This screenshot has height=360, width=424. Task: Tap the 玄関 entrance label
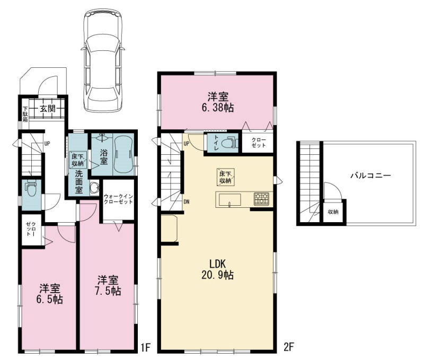pos(48,109)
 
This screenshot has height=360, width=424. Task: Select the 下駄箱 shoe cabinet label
pos(25,114)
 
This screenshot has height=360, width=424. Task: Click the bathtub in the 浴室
pos(123,154)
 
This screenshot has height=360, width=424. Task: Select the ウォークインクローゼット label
pos(118,199)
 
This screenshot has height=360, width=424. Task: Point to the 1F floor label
pos(145,348)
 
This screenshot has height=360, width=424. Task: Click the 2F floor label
pos(288,347)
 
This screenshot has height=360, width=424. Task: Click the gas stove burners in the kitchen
pos(261,199)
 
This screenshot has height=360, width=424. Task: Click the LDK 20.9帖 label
pos(218,269)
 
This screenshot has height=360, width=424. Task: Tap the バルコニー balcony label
pos(370,176)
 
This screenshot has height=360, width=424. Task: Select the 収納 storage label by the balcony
pos(333,212)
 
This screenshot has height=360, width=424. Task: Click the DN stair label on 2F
pos(187,201)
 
